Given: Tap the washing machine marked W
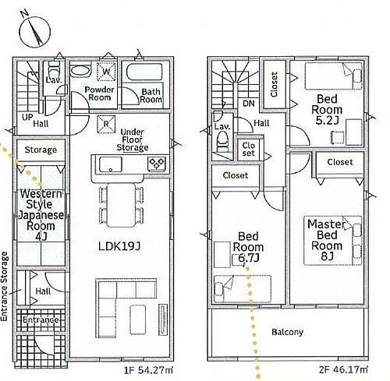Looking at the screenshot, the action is pos(106,71).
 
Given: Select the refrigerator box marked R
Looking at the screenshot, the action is pos(106,125).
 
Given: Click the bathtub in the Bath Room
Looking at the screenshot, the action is pos(144,72).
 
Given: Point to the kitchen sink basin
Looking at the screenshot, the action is pos(111,164).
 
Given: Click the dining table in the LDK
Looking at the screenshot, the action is pos(122,205).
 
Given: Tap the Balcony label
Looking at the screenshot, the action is pos(287,332).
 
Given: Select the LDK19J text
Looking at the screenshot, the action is pos(119,246).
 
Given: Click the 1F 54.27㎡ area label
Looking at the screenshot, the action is pos(148,370).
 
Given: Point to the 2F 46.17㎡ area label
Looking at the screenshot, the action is pos(343,369).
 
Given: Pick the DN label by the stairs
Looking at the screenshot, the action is pos(249,104).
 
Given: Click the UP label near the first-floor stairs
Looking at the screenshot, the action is pos(27,117).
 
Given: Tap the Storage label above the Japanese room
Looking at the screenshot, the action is pos(41,150).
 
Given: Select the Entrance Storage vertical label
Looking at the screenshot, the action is pos(5,286).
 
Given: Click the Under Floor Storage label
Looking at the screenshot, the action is pos(133,139).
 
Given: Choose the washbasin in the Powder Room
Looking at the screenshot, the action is pos(81,70).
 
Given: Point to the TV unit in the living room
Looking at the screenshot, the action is pos(163,320).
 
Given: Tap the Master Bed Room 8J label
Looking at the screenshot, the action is pos(327,240).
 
